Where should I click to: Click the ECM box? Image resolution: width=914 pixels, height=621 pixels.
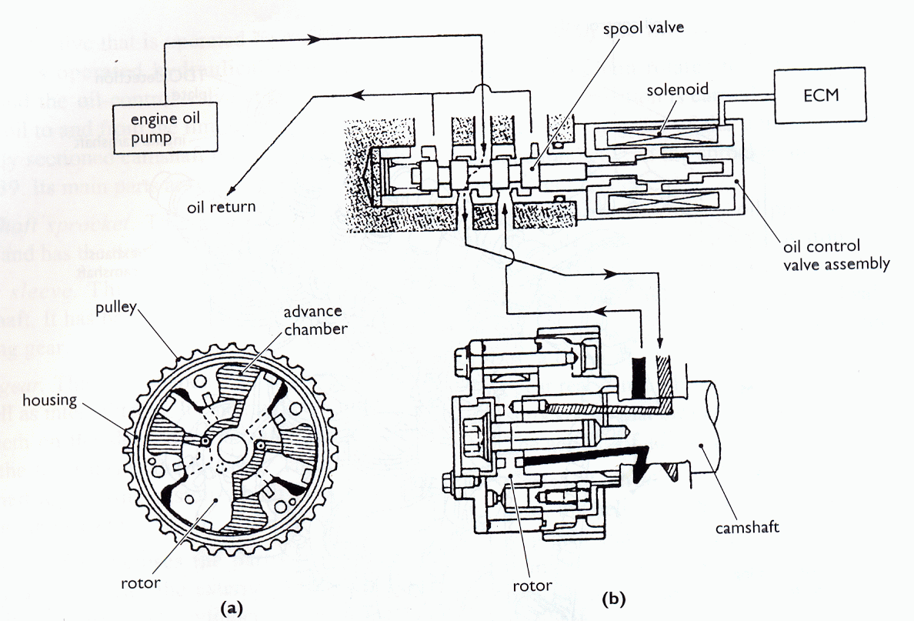click(819, 98)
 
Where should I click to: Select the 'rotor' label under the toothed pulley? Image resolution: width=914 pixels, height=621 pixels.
click(142, 583)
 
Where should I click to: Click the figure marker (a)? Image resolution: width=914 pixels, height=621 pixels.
click(232, 608)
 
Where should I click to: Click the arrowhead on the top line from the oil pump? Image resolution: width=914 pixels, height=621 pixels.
click(314, 38)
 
